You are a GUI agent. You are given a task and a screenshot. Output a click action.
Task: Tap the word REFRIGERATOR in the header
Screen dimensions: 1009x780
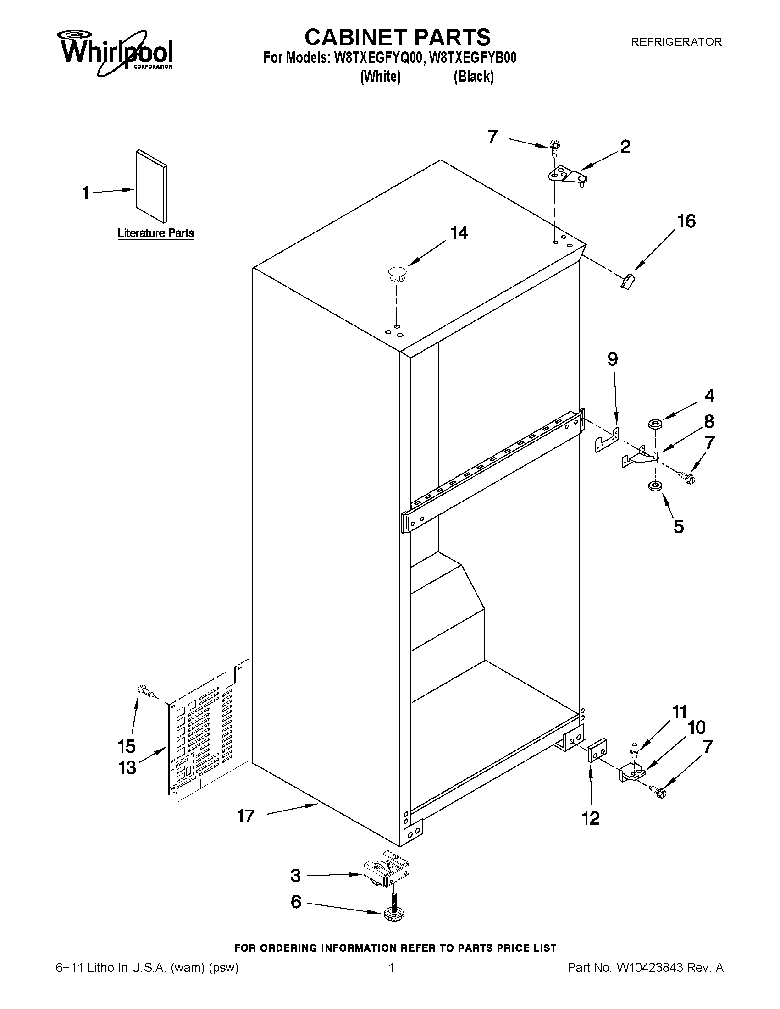[676, 42]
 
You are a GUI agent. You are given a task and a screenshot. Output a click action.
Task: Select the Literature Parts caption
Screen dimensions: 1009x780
[156, 233]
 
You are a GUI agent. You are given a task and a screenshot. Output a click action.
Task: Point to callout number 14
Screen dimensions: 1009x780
[459, 233]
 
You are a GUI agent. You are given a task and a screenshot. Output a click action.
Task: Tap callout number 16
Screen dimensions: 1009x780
[686, 221]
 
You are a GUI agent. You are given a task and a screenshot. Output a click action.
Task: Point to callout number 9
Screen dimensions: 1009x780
[612, 359]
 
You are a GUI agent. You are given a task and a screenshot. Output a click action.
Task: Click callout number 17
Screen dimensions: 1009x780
[246, 816]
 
